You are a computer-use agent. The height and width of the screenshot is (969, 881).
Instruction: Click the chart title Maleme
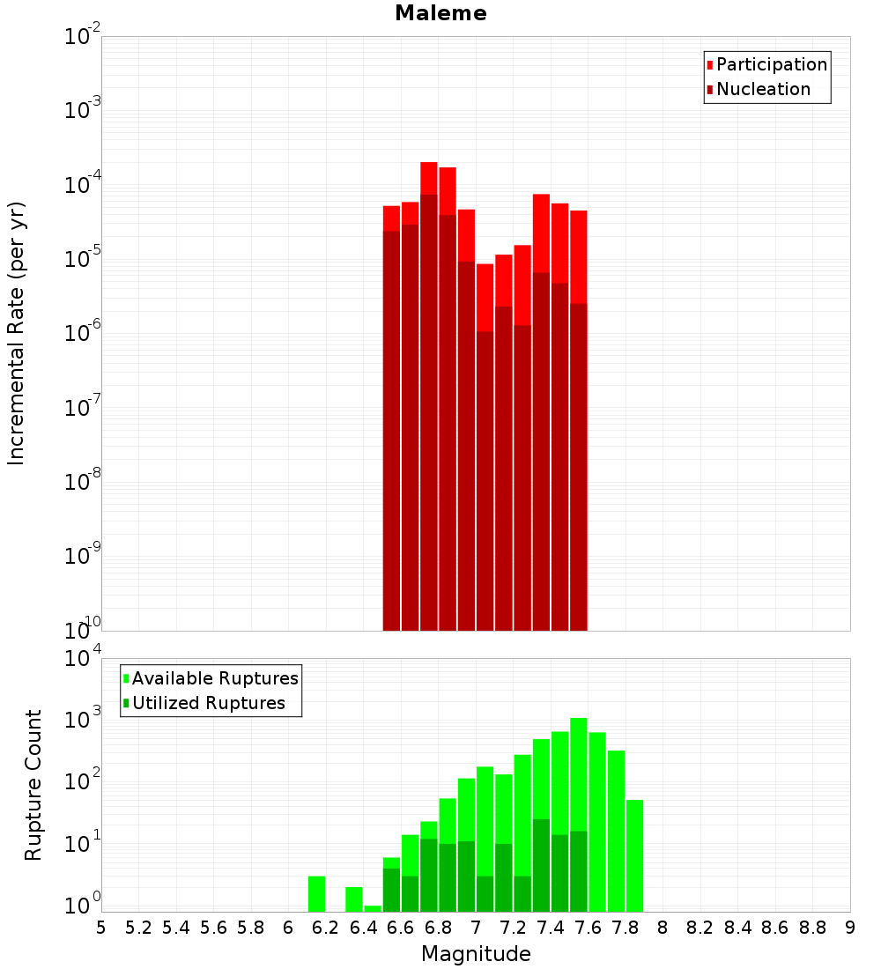point(440,13)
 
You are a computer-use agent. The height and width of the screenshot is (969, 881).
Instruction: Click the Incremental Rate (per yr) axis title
point(16,333)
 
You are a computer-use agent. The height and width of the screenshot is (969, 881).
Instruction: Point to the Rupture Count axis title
point(33,784)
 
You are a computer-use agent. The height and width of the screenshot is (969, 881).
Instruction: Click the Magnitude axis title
point(476,954)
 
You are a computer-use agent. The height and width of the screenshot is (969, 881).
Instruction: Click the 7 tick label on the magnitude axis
point(476,928)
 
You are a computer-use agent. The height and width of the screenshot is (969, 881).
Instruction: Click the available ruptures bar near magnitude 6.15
point(316,893)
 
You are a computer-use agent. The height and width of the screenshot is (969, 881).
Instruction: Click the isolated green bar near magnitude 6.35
point(354,899)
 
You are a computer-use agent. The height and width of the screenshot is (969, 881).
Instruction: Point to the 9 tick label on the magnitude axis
point(850,928)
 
